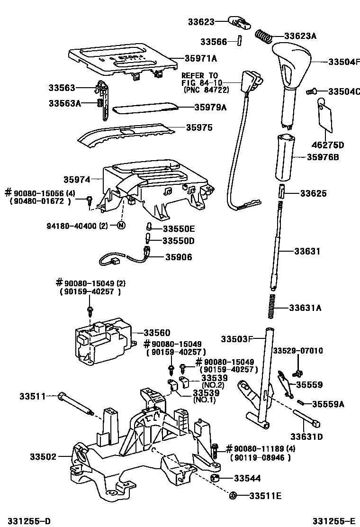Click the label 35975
(x=199, y=127)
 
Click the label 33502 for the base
(x=43, y=457)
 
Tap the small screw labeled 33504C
(x=311, y=91)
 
